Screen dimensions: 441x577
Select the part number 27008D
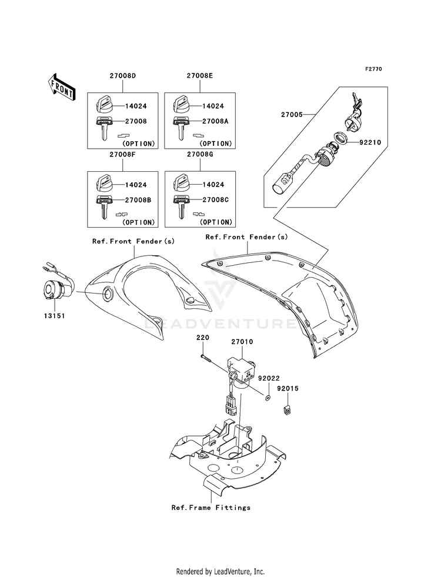[122, 76]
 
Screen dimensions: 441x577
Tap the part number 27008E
[200, 76]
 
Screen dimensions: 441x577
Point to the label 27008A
[215, 121]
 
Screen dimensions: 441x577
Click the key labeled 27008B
[103, 207]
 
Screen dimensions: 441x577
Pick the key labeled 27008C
[181, 207]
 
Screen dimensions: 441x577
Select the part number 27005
[292, 115]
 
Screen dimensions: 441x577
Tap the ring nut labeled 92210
[340, 139]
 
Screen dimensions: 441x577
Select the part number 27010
[242, 342]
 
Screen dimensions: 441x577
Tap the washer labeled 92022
[268, 397]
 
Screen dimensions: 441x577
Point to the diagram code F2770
[373, 69]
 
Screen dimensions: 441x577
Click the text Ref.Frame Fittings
[211, 508]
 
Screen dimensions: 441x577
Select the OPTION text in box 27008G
[216, 222]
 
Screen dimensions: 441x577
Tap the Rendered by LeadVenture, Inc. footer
[220, 572]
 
